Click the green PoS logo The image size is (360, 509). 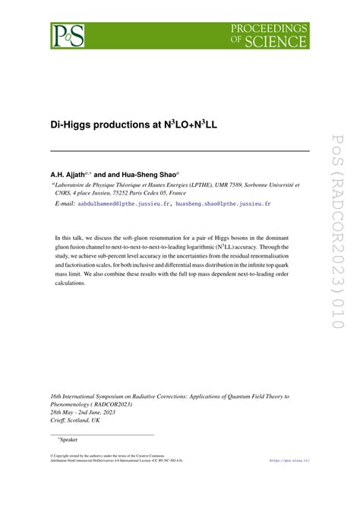click(68, 34)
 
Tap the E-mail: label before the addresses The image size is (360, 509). click(64, 204)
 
